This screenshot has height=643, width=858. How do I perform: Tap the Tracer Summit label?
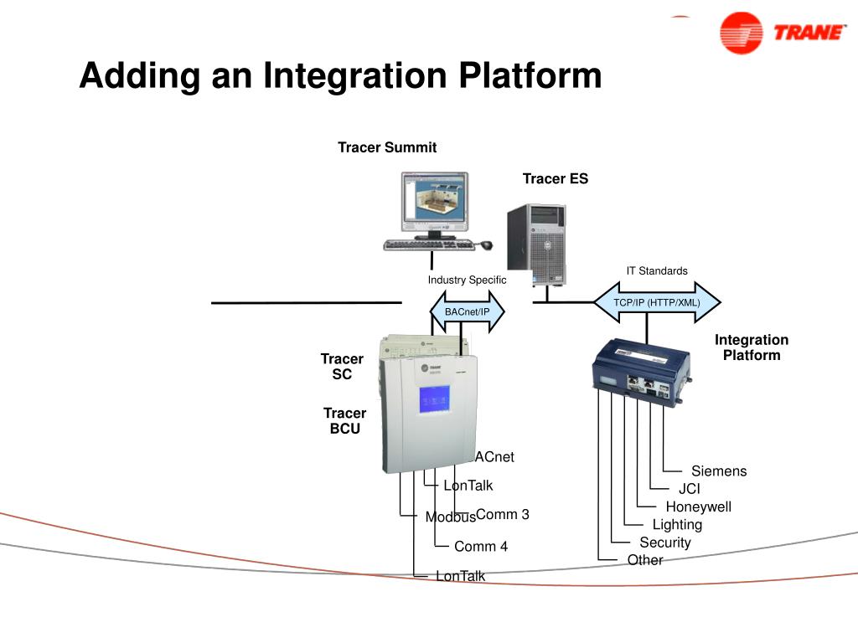pyautogui.click(x=387, y=147)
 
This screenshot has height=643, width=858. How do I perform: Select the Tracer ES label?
pyautogui.click(x=555, y=178)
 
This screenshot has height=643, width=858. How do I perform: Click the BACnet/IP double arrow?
pyautogui.click(x=467, y=312)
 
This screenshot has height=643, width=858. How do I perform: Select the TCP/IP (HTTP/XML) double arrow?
pyautogui.click(x=656, y=302)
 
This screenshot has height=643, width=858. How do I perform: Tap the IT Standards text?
pyautogui.click(x=657, y=270)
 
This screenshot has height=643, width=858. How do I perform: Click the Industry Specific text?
pyautogui.click(x=467, y=280)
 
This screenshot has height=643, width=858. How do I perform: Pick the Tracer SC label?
pyautogui.click(x=342, y=367)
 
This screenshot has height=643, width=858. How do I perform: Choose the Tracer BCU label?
pyautogui.click(x=344, y=420)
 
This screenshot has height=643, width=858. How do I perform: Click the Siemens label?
pyautogui.click(x=718, y=471)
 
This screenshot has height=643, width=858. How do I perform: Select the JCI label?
pyautogui.click(x=689, y=489)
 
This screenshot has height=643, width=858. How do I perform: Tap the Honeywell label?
pyautogui.click(x=698, y=507)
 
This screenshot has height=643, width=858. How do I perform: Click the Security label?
pyautogui.click(x=664, y=543)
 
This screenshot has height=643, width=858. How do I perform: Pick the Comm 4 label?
pyautogui.click(x=480, y=547)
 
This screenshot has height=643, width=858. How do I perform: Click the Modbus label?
pyautogui.click(x=450, y=517)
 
